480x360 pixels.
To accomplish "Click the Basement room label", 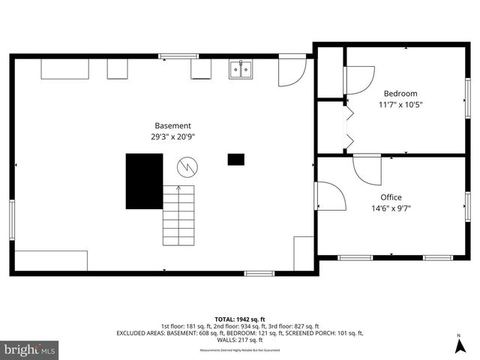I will point(172,125).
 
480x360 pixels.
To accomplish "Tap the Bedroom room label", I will point(400,93).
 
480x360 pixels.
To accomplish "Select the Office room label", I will point(391,197).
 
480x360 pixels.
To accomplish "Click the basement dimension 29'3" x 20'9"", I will point(172,136).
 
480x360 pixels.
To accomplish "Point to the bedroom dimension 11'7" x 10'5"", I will point(400,105).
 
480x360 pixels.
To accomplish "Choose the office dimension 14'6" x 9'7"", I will point(391,208).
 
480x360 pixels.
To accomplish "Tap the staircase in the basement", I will point(178,215).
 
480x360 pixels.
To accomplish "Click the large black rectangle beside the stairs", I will point(144,181).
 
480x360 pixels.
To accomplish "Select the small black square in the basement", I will point(235,159).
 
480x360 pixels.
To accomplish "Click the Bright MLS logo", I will point(30,349).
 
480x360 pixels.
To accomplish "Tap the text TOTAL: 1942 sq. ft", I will point(240,319).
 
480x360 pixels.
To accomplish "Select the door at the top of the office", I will point(367,168).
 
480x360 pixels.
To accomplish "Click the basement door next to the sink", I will point(291,70).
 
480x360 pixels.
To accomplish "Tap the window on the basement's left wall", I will point(11,219).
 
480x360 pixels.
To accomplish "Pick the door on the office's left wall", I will point(328,196).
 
